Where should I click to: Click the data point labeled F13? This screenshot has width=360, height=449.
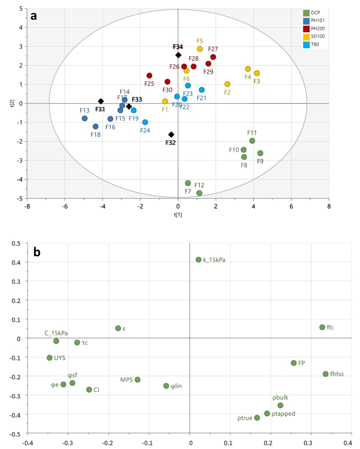(x=85, y=119)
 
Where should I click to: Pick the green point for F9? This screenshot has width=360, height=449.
(x=260, y=153)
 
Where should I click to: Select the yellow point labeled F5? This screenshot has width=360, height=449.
(x=200, y=49)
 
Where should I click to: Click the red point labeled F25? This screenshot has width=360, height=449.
(x=149, y=76)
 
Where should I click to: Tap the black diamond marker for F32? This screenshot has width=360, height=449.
(x=171, y=134)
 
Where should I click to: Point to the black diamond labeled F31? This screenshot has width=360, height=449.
(x=101, y=101)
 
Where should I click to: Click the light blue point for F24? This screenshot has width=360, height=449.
(x=145, y=122)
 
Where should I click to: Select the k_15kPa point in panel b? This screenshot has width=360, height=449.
(x=198, y=260)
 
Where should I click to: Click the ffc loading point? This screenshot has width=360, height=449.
(x=322, y=327)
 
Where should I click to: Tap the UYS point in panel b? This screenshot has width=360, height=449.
(x=50, y=358)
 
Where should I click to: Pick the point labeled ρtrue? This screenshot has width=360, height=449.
(x=257, y=418)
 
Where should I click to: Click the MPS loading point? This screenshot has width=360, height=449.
(x=138, y=380)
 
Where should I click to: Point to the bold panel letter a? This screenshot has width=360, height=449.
(x=34, y=15)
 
